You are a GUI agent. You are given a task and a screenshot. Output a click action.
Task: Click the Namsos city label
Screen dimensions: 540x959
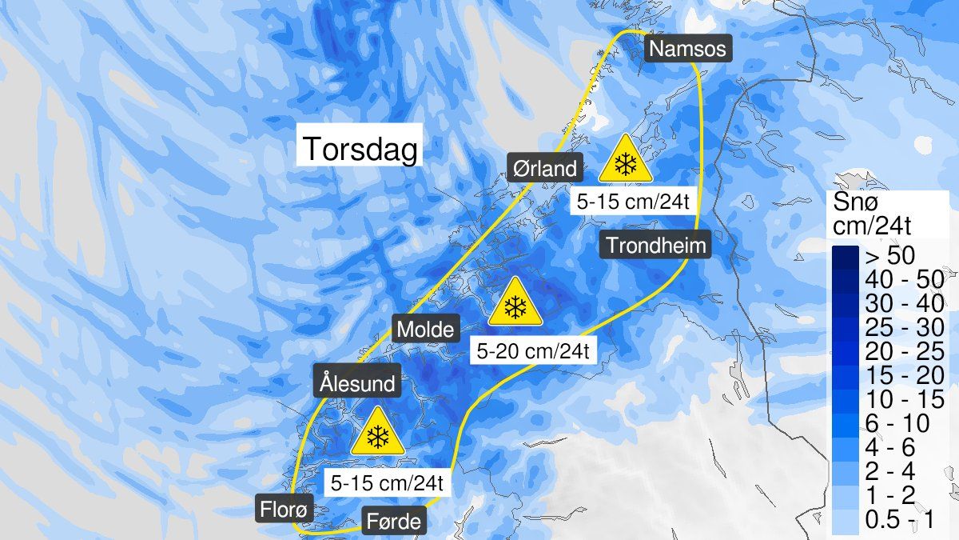687,50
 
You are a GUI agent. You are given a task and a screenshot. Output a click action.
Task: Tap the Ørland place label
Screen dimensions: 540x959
544,169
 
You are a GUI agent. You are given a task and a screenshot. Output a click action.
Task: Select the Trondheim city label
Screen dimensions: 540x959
656,245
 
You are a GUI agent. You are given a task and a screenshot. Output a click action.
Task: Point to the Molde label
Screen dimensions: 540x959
426,329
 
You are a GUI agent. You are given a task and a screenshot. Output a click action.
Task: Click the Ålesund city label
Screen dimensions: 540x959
357,383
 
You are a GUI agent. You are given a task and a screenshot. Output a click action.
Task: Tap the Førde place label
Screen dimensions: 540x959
393,523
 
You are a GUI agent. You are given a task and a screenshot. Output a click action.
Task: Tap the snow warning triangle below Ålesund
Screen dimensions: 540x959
376,433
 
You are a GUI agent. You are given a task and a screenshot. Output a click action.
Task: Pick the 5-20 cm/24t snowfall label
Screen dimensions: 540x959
533,350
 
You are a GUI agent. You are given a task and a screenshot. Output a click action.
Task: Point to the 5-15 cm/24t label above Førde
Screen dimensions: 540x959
387,483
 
